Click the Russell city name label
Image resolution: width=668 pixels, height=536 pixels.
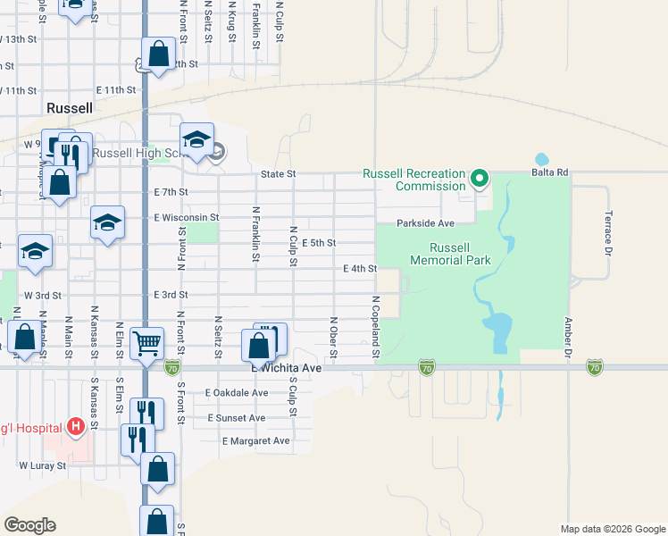click(69, 108)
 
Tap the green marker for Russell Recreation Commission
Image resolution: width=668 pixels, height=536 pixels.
click(480, 179)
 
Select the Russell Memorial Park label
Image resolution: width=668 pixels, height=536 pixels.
click(451, 255)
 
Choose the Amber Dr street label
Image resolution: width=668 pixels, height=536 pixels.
click(567, 338)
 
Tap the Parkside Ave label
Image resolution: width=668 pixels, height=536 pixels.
click(426, 223)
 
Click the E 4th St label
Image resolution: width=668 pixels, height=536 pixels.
click(360, 268)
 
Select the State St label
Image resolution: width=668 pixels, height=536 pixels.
click(278, 174)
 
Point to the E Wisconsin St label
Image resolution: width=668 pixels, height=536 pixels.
click(186, 217)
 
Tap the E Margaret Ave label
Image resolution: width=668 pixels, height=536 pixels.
click(255, 441)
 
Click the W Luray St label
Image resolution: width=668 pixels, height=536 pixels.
click(43, 465)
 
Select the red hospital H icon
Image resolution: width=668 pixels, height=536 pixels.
click(77, 426)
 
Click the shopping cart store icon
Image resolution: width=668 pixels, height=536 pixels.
click(146, 341)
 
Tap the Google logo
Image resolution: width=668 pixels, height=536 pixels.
click(29, 525)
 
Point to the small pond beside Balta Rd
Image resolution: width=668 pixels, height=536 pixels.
click(541, 160)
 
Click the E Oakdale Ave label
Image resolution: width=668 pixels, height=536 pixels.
click(237, 393)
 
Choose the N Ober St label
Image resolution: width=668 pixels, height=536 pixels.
click(333, 338)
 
